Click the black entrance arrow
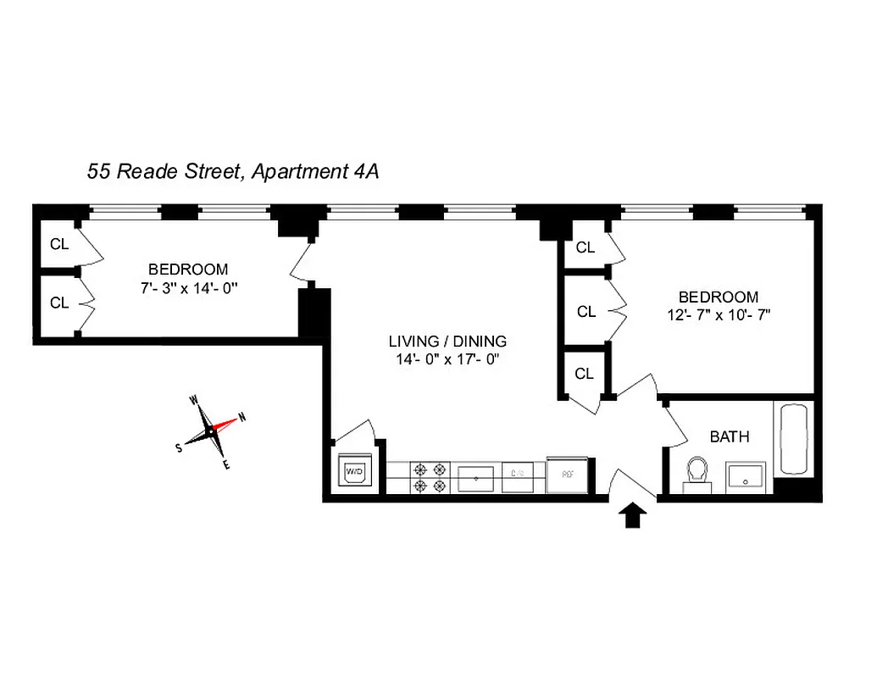635,515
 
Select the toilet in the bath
697,473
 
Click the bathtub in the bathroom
793,439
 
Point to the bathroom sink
746,477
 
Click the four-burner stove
429,477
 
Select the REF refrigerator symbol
564,475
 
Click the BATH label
729,437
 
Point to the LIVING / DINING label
447,342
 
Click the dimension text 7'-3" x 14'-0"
187,287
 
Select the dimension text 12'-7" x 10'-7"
718,314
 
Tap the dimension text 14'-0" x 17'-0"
447,359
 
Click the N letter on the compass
241,416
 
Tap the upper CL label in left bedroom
59,245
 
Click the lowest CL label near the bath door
585,374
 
